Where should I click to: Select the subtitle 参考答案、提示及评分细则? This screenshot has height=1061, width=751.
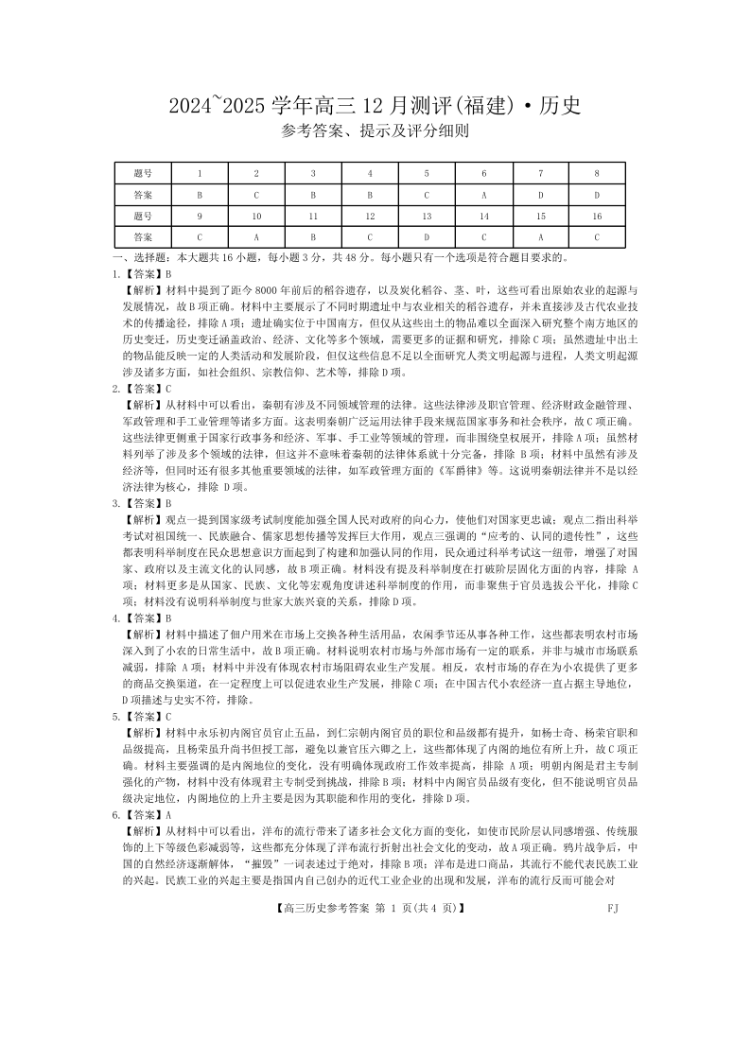point(375,132)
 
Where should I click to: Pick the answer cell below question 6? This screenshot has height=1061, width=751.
point(483,195)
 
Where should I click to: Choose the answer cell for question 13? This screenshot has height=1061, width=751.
point(427,237)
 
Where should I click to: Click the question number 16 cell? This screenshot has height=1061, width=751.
point(597,217)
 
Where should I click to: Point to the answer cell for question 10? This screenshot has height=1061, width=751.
point(256,237)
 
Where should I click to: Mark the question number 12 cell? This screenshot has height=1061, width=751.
point(370,217)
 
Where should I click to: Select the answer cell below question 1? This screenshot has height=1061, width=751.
point(200,195)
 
